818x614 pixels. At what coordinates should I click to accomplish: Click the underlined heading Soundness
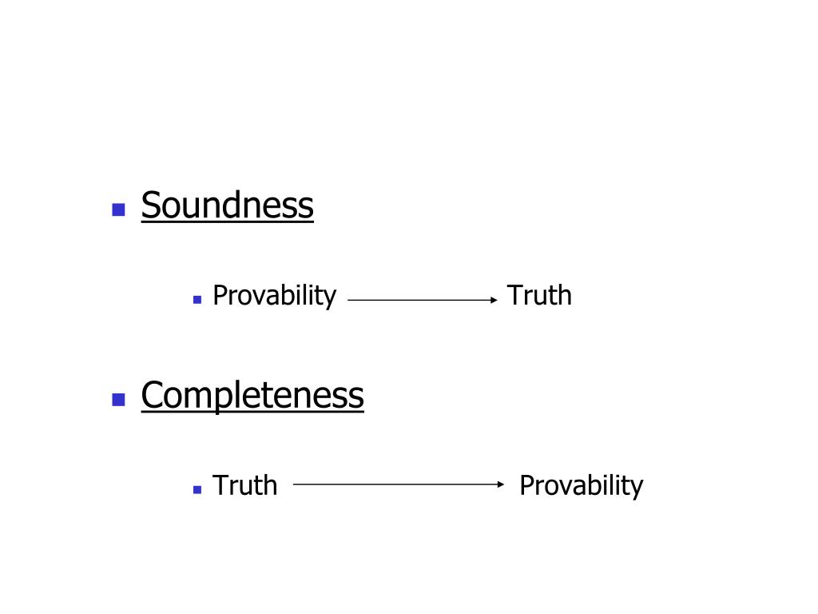[227, 205]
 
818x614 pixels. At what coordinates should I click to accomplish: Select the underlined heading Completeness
[252, 395]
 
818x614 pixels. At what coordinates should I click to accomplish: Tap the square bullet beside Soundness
[119, 210]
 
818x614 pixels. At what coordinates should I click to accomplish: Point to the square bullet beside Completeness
[119, 400]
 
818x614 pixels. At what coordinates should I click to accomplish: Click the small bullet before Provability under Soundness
[197, 300]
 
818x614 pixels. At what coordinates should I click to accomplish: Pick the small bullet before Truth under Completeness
[197, 489]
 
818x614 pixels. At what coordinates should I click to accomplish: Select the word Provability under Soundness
[274, 296]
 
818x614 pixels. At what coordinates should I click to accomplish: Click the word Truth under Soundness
[539, 296]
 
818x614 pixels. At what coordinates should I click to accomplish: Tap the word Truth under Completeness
[244, 485]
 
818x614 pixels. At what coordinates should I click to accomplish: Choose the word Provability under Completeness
[581, 485]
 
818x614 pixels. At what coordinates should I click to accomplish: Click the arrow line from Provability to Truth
[419, 300]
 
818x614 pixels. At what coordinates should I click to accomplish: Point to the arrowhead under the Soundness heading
[494, 300]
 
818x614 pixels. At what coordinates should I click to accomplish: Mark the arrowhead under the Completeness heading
[501, 484]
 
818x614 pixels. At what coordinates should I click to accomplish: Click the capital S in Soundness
[150, 205]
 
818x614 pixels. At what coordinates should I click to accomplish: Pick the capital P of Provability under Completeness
[526, 485]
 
